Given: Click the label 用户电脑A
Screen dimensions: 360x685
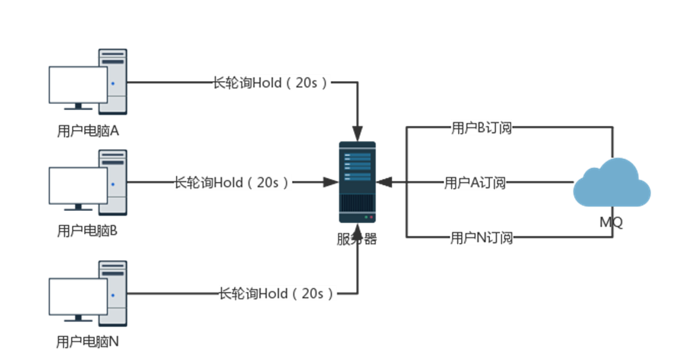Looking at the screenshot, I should tap(88, 131).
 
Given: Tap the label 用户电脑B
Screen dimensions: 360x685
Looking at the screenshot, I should tap(88, 229).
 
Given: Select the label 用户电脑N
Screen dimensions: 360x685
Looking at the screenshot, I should tap(88, 342).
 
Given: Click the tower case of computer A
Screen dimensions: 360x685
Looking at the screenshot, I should tap(112, 79).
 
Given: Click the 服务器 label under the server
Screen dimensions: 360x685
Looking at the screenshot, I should tap(357, 238).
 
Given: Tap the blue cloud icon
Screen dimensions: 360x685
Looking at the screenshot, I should tap(612, 184).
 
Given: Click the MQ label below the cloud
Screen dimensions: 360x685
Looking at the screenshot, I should tap(612, 222).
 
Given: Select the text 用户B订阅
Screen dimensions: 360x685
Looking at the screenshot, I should tap(481, 128).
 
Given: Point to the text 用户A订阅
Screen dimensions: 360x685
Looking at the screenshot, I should tap(475, 183).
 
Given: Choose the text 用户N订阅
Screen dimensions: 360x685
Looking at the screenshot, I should tap(481, 238).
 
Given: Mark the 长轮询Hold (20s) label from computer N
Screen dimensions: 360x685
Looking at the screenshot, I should tap(276, 294).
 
